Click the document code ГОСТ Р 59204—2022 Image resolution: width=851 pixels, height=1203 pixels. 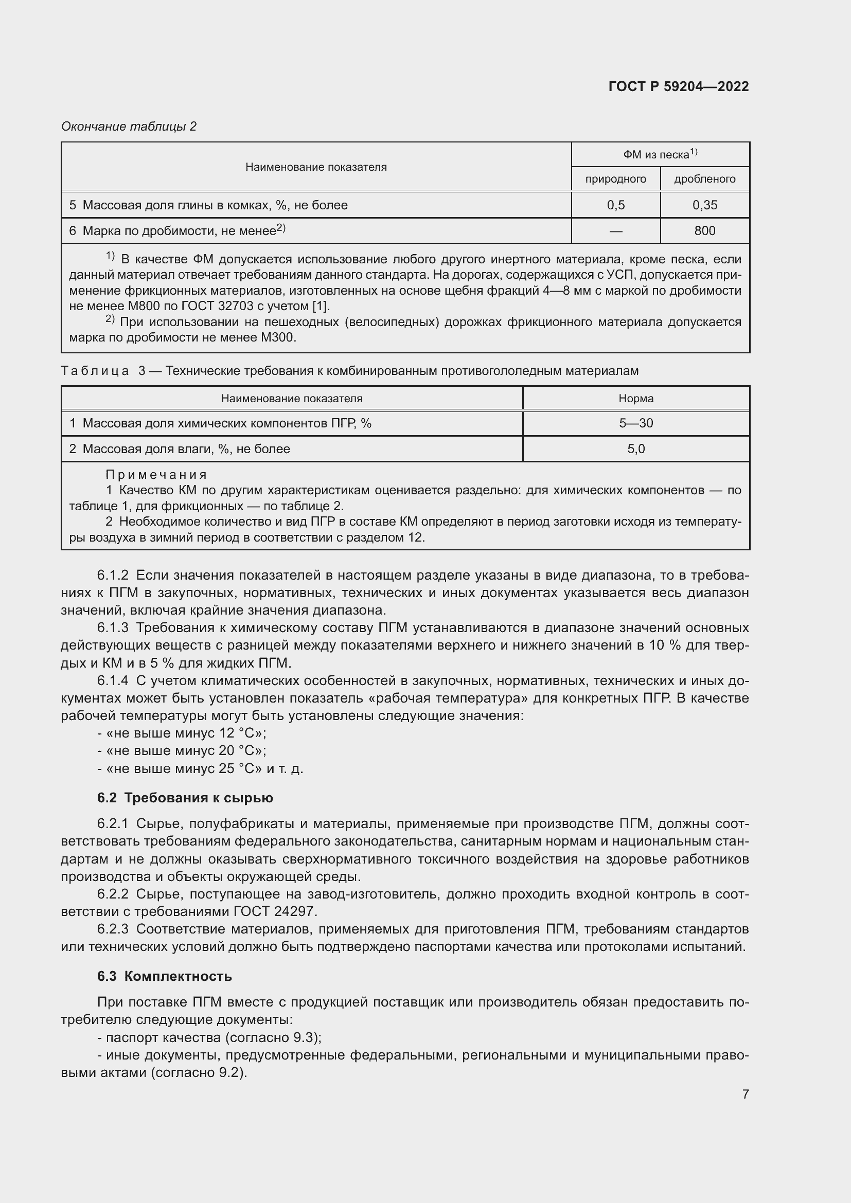pyautogui.click(x=679, y=86)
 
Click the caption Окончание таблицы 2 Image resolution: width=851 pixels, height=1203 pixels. pyautogui.click(x=129, y=127)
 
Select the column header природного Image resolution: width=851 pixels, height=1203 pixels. pyautogui.click(x=615, y=179)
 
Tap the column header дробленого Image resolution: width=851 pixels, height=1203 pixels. pyautogui.click(x=704, y=179)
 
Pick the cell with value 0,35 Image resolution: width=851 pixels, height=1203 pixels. pyautogui.click(x=704, y=205)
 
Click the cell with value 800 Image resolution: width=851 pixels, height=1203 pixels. pyautogui.click(x=704, y=230)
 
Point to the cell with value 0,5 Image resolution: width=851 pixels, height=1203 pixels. pyautogui.click(x=616, y=205)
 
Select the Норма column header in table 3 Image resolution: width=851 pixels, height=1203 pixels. pyautogui.click(x=635, y=398)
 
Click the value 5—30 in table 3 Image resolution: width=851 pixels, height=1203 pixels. pyautogui.click(x=635, y=423)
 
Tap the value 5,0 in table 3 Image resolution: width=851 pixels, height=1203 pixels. pyautogui.click(x=635, y=449)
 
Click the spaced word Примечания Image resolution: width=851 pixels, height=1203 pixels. pyautogui.click(x=156, y=475)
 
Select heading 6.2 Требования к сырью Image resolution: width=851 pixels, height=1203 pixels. pyautogui.click(x=185, y=798)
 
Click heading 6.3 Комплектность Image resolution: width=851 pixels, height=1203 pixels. pyautogui.click(x=165, y=976)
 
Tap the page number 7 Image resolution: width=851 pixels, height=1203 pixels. pyautogui.click(x=745, y=1094)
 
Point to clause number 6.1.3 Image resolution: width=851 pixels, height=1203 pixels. pyautogui.click(x=113, y=627)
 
